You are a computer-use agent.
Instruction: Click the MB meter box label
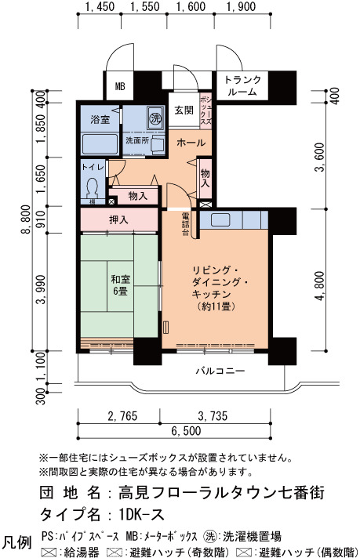coord(120,86)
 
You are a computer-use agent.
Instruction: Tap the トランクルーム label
coord(242,85)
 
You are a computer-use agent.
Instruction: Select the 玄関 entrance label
coord(184,111)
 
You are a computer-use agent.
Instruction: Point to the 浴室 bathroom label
coord(100,120)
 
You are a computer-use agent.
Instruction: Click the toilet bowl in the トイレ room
coord(93,187)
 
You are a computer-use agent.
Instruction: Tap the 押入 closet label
coord(118,220)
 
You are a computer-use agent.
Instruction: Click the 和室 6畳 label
coord(120,285)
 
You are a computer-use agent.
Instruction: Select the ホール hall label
coord(191,143)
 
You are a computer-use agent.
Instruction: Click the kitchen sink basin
coord(220,219)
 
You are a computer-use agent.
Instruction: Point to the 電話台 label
coord(185,224)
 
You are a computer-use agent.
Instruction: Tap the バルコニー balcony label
coord(220,371)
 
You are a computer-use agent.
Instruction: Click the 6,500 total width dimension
coord(186,431)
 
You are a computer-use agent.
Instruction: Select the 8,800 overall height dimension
coord(25,219)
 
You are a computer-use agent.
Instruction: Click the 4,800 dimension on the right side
coord(320,286)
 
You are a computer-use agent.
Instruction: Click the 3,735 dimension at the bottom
coord(213,415)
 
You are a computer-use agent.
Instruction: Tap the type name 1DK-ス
coord(141,514)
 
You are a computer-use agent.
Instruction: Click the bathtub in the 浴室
coord(100,143)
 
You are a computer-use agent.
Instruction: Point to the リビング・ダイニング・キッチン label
coord(216,288)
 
